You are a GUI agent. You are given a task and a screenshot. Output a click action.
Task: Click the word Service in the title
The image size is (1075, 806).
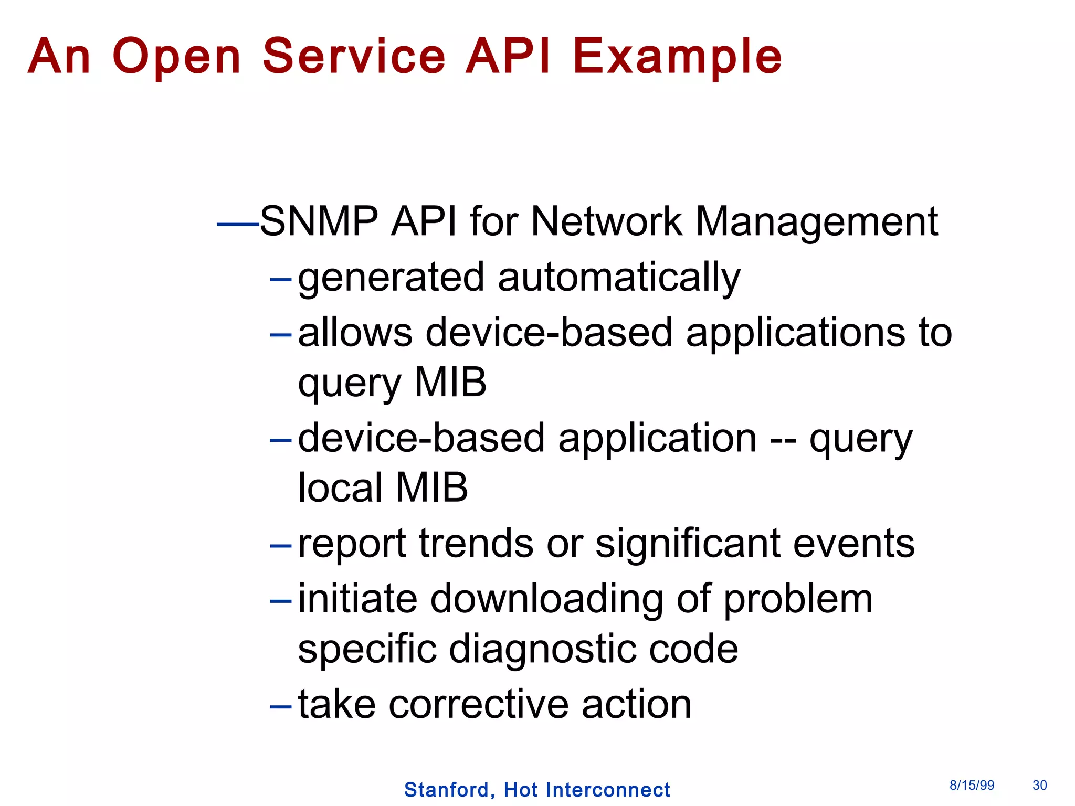pyautogui.click(x=354, y=56)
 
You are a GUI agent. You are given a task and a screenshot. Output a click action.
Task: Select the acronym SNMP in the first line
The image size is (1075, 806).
pyautogui.click(x=319, y=221)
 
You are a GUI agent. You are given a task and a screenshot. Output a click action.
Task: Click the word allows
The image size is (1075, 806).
pyautogui.click(x=355, y=333)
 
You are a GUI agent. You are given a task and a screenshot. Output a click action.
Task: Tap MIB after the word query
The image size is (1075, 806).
pyautogui.click(x=450, y=383)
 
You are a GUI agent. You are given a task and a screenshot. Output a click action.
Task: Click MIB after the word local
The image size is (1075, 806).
pyautogui.click(x=431, y=487)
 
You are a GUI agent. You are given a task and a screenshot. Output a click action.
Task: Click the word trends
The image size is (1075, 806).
pyautogui.click(x=476, y=544)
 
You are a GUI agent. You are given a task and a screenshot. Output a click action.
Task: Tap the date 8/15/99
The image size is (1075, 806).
pyautogui.click(x=972, y=785)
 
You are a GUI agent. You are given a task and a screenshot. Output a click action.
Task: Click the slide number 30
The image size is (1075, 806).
pyautogui.click(x=1039, y=785)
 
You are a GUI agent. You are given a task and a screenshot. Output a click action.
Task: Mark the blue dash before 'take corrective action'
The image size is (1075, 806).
pyautogui.click(x=280, y=707)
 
